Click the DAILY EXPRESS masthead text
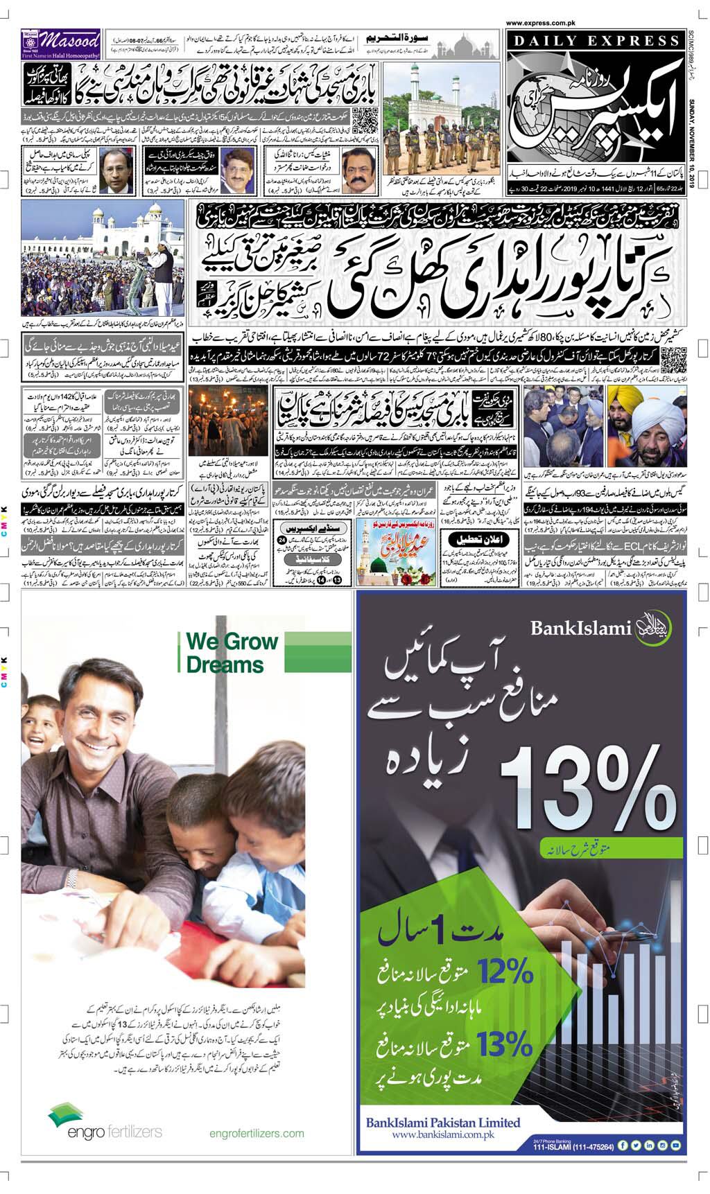pyautogui.click(x=594, y=40)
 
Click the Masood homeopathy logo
pyautogui.click(x=61, y=43)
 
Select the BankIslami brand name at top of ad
pyautogui.click(x=581, y=628)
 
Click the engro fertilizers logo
pyautogui.click(x=105, y=1131)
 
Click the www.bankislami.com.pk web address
pyautogui.click(x=442, y=1135)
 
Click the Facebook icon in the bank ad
pyautogui.click(x=623, y=1146)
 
